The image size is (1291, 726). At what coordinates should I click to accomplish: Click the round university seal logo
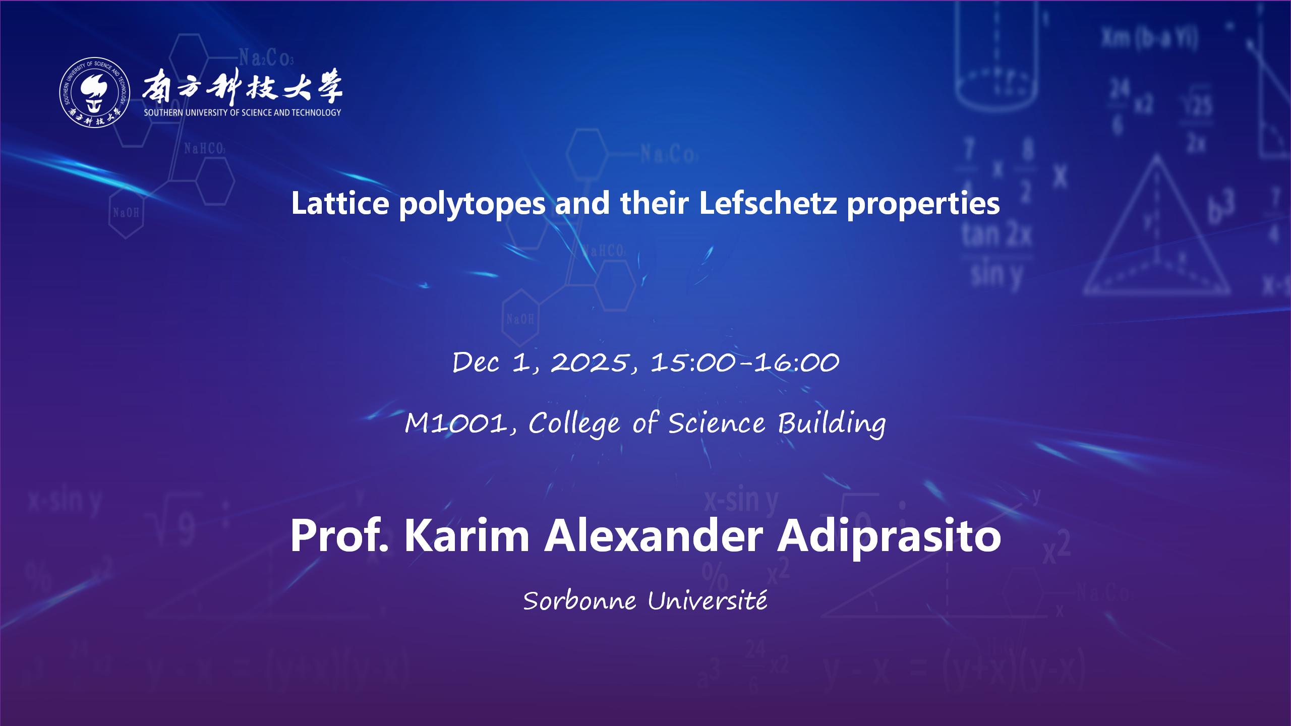tap(95, 93)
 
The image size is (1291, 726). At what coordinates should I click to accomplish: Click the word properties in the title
tap(923, 205)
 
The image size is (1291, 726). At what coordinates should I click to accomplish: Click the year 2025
tap(591, 362)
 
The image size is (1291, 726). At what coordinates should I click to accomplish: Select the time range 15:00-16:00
tap(745, 362)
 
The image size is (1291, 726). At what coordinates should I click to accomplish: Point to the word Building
tap(831, 424)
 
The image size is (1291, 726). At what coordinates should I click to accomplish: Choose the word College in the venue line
tap(574, 424)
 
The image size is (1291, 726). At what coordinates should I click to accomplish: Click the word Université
tap(708, 600)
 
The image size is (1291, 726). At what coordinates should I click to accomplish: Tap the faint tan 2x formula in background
tap(996, 236)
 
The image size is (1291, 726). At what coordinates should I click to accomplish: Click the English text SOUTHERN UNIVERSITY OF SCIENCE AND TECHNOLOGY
tap(243, 112)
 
